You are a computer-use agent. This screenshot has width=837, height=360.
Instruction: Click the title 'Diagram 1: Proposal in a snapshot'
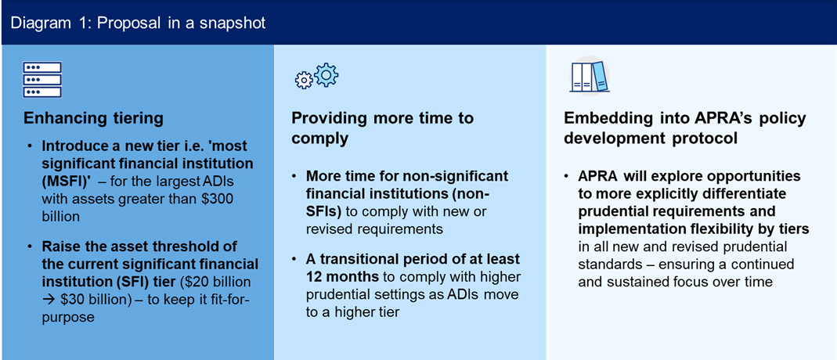click(x=138, y=23)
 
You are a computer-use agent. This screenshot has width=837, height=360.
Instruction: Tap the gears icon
click(x=316, y=77)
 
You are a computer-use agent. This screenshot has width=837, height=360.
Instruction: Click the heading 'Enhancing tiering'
click(x=93, y=118)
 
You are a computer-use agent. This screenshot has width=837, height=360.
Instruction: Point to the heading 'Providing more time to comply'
click(x=382, y=128)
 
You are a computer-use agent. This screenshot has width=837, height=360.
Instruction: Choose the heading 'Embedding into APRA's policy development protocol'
click(x=685, y=128)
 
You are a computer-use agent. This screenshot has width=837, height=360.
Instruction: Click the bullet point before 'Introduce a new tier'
click(x=30, y=146)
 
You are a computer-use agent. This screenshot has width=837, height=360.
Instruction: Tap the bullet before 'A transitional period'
click(x=296, y=259)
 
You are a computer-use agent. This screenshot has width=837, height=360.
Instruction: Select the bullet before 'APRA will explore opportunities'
click(x=568, y=175)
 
